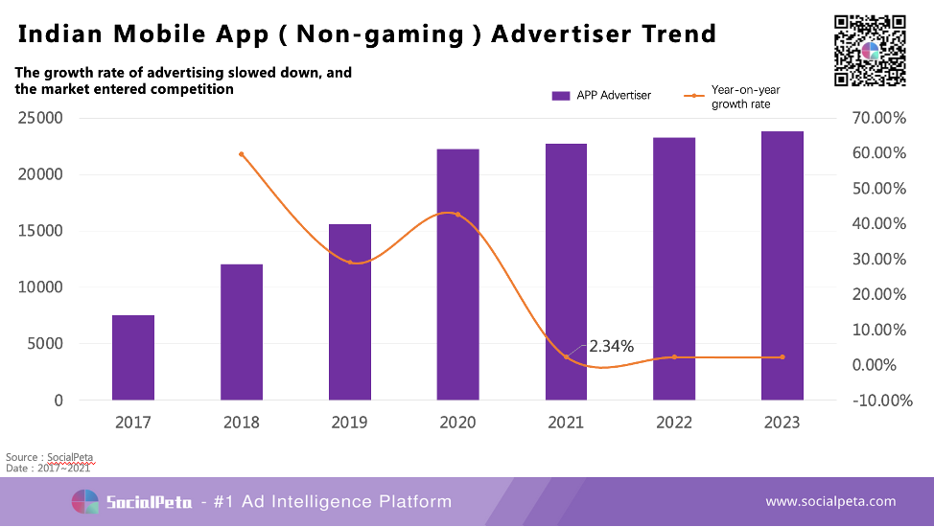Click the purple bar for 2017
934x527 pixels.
[133, 357]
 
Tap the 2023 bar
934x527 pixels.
[782, 265]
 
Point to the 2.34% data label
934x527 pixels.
[611, 346]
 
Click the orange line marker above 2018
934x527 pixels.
[242, 154]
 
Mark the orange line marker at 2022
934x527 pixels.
[674, 357]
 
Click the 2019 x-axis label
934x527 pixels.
[349, 423]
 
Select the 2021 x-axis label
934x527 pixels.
[566, 423]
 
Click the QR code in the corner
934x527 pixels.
[870, 51]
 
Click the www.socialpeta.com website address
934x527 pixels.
[830, 501]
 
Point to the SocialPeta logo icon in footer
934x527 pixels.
[85, 501]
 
